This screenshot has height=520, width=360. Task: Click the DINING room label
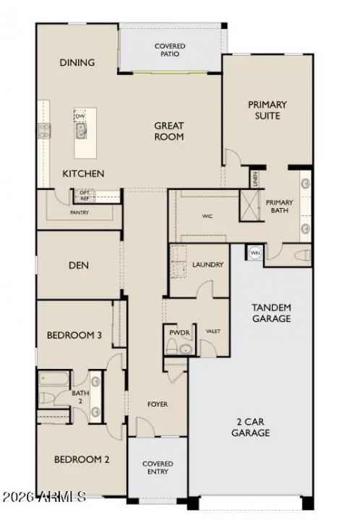[x=77, y=63]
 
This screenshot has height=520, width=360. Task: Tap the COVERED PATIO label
[x=170, y=50]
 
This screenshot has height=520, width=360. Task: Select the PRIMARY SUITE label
[x=267, y=110]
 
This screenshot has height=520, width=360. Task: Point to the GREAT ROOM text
[x=168, y=131]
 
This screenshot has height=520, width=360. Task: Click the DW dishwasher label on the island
[x=80, y=116]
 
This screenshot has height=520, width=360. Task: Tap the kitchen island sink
[x=81, y=131]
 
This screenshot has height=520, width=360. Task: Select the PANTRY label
[x=80, y=213]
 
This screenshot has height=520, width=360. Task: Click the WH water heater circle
[x=254, y=253]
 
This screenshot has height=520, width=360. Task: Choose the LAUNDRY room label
[x=207, y=265]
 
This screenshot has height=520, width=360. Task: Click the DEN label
[x=78, y=266]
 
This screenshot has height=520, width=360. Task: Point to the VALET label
[x=213, y=331]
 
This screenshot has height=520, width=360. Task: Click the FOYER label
[x=157, y=404]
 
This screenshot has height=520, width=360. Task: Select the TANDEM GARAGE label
[x=271, y=313]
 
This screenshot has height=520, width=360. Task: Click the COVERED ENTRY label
[x=157, y=468]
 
